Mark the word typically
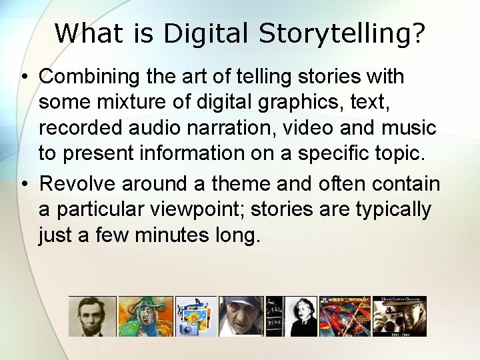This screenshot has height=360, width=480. pos(393,209)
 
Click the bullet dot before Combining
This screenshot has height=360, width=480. pos(23,77)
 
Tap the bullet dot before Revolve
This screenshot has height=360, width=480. pos(23,183)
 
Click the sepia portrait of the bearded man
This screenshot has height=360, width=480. pos(92,317)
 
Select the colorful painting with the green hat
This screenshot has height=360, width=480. pos(145,317)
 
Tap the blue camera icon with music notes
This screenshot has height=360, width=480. pos(196,317)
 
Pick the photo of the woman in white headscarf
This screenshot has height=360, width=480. pos(241,317)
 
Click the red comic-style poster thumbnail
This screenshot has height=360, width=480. pos(344,317)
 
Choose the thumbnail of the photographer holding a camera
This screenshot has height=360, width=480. pos(399,317)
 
